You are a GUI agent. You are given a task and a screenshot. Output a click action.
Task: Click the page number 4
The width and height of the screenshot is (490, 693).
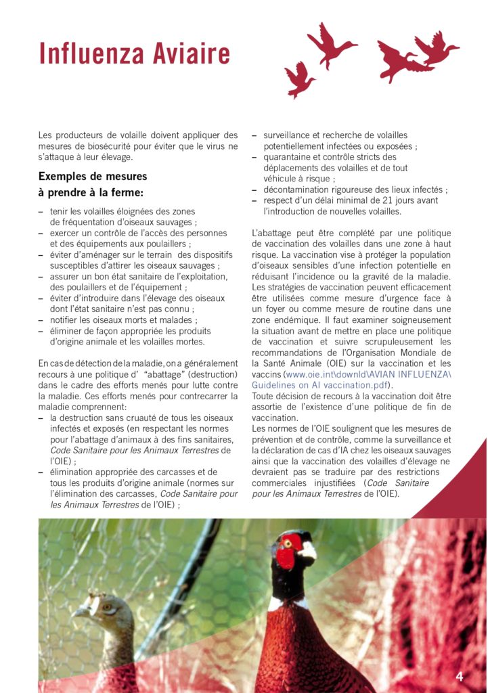click(460, 676)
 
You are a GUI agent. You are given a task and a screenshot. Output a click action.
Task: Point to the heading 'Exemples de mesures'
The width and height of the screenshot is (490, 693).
click(93, 177)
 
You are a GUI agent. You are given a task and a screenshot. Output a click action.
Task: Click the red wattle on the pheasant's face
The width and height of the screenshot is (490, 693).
click(287, 552)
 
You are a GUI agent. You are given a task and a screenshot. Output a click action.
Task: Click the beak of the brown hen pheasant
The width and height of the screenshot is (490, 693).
click(79, 612)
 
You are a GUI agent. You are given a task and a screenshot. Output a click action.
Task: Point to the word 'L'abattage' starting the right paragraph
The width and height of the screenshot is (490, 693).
click(274, 233)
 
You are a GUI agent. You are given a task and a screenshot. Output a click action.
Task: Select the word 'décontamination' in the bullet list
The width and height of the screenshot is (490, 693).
click(300, 189)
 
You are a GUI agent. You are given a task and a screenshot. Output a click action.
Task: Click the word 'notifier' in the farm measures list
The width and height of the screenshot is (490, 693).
click(66, 320)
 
